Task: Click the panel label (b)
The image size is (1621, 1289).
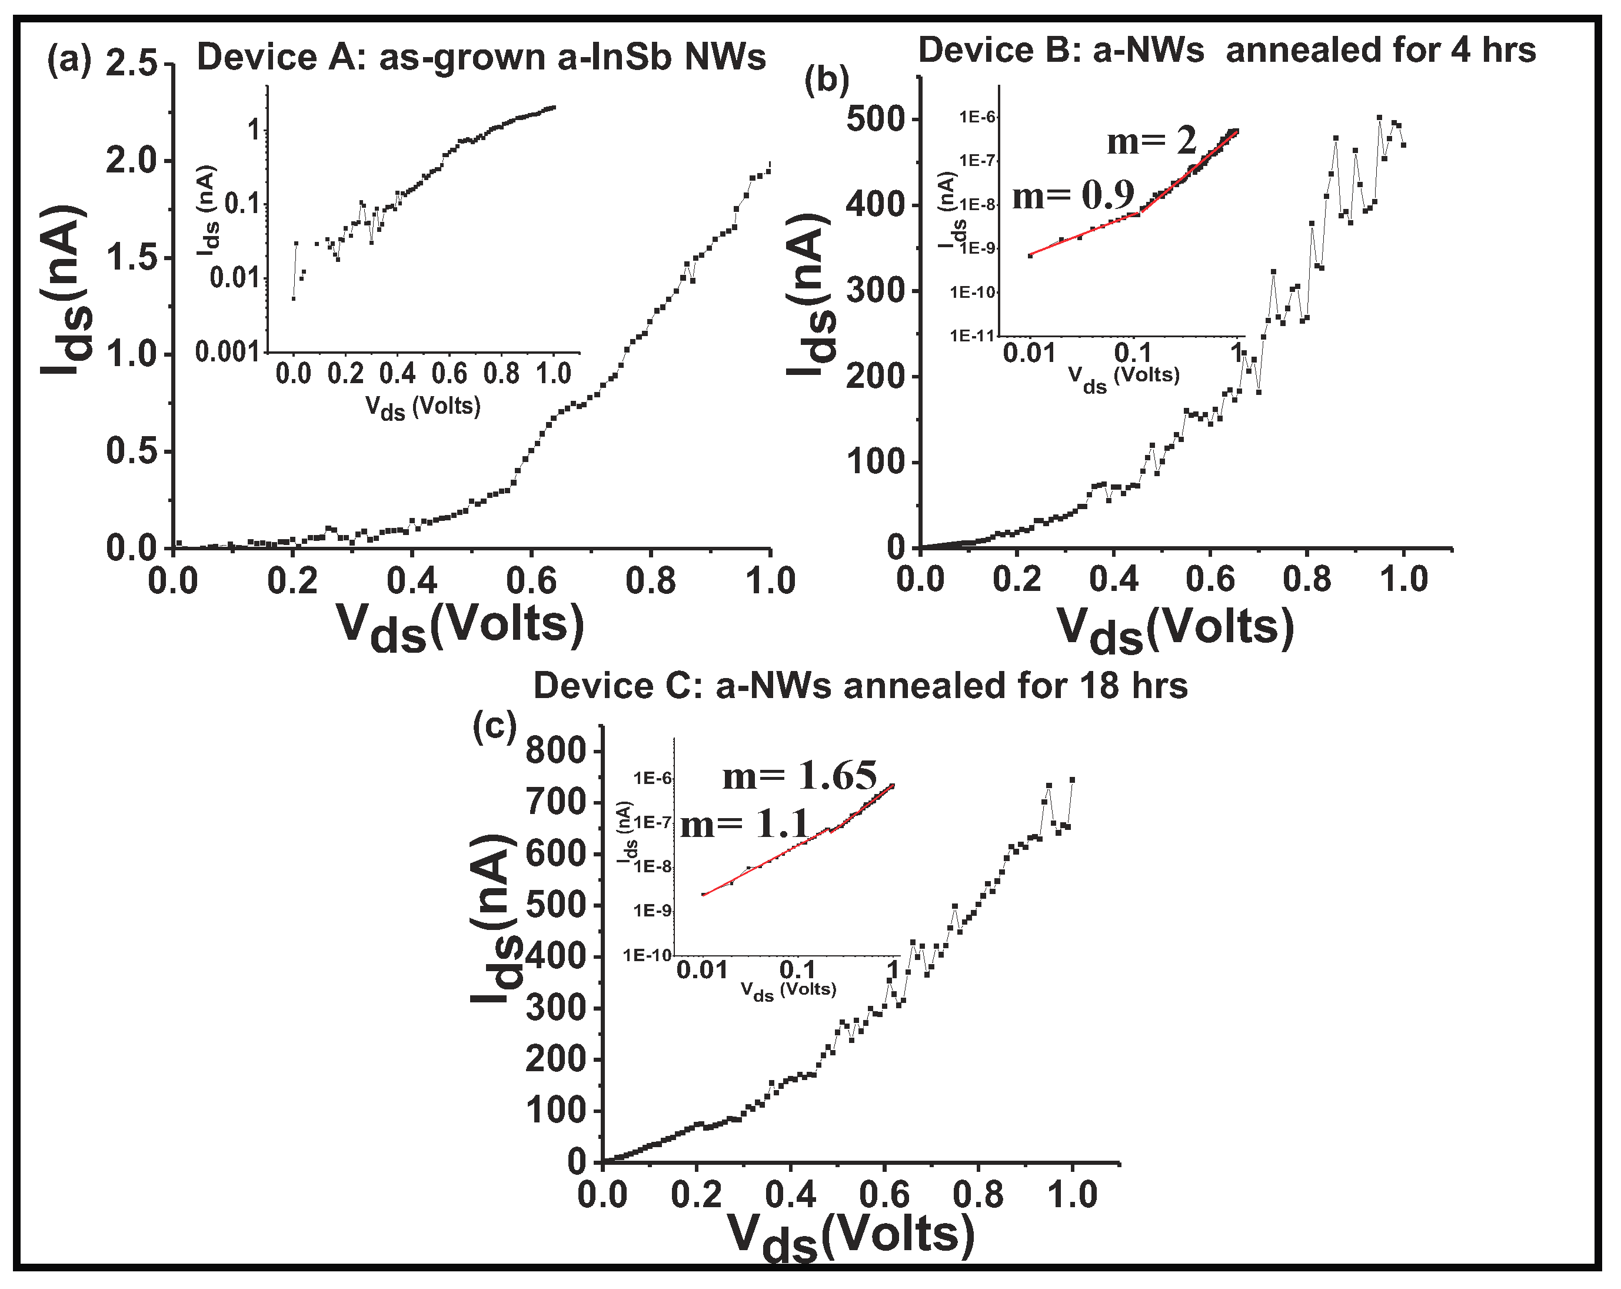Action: (x=826, y=79)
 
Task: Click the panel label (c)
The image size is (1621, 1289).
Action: (x=494, y=726)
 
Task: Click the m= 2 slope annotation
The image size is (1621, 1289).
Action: (x=1150, y=141)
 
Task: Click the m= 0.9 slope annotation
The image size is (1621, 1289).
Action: (x=1073, y=195)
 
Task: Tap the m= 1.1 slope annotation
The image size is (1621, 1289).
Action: (x=744, y=824)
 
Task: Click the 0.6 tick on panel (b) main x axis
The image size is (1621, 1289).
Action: (x=1210, y=580)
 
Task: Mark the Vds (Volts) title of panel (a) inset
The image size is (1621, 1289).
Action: (x=422, y=408)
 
